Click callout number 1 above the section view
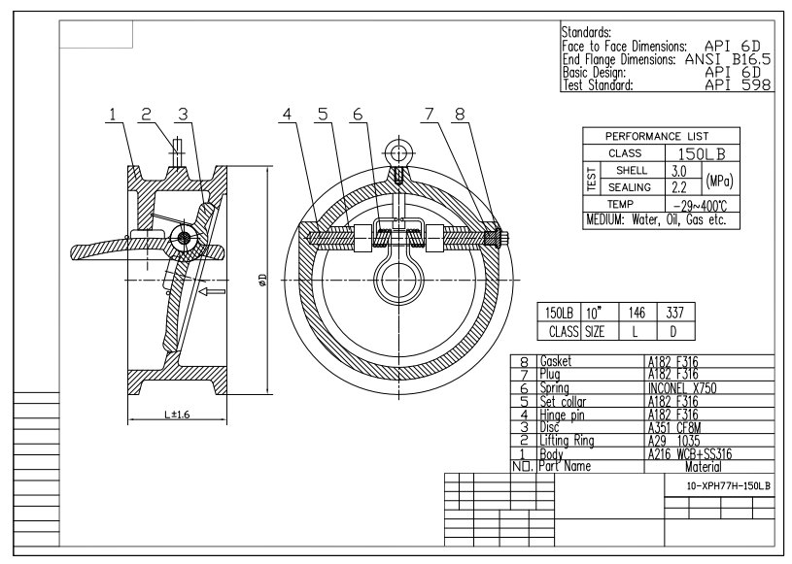pyautogui.click(x=114, y=115)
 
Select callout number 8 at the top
pyautogui.click(x=460, y=115)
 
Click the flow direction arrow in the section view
pyautogui.click(x=211, y=289)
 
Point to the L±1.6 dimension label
pyautogui.click(x=177, y=415)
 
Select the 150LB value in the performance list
pyautogui.click(x=698, y=153)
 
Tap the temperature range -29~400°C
pyautogui.click(x=698, y=204)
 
